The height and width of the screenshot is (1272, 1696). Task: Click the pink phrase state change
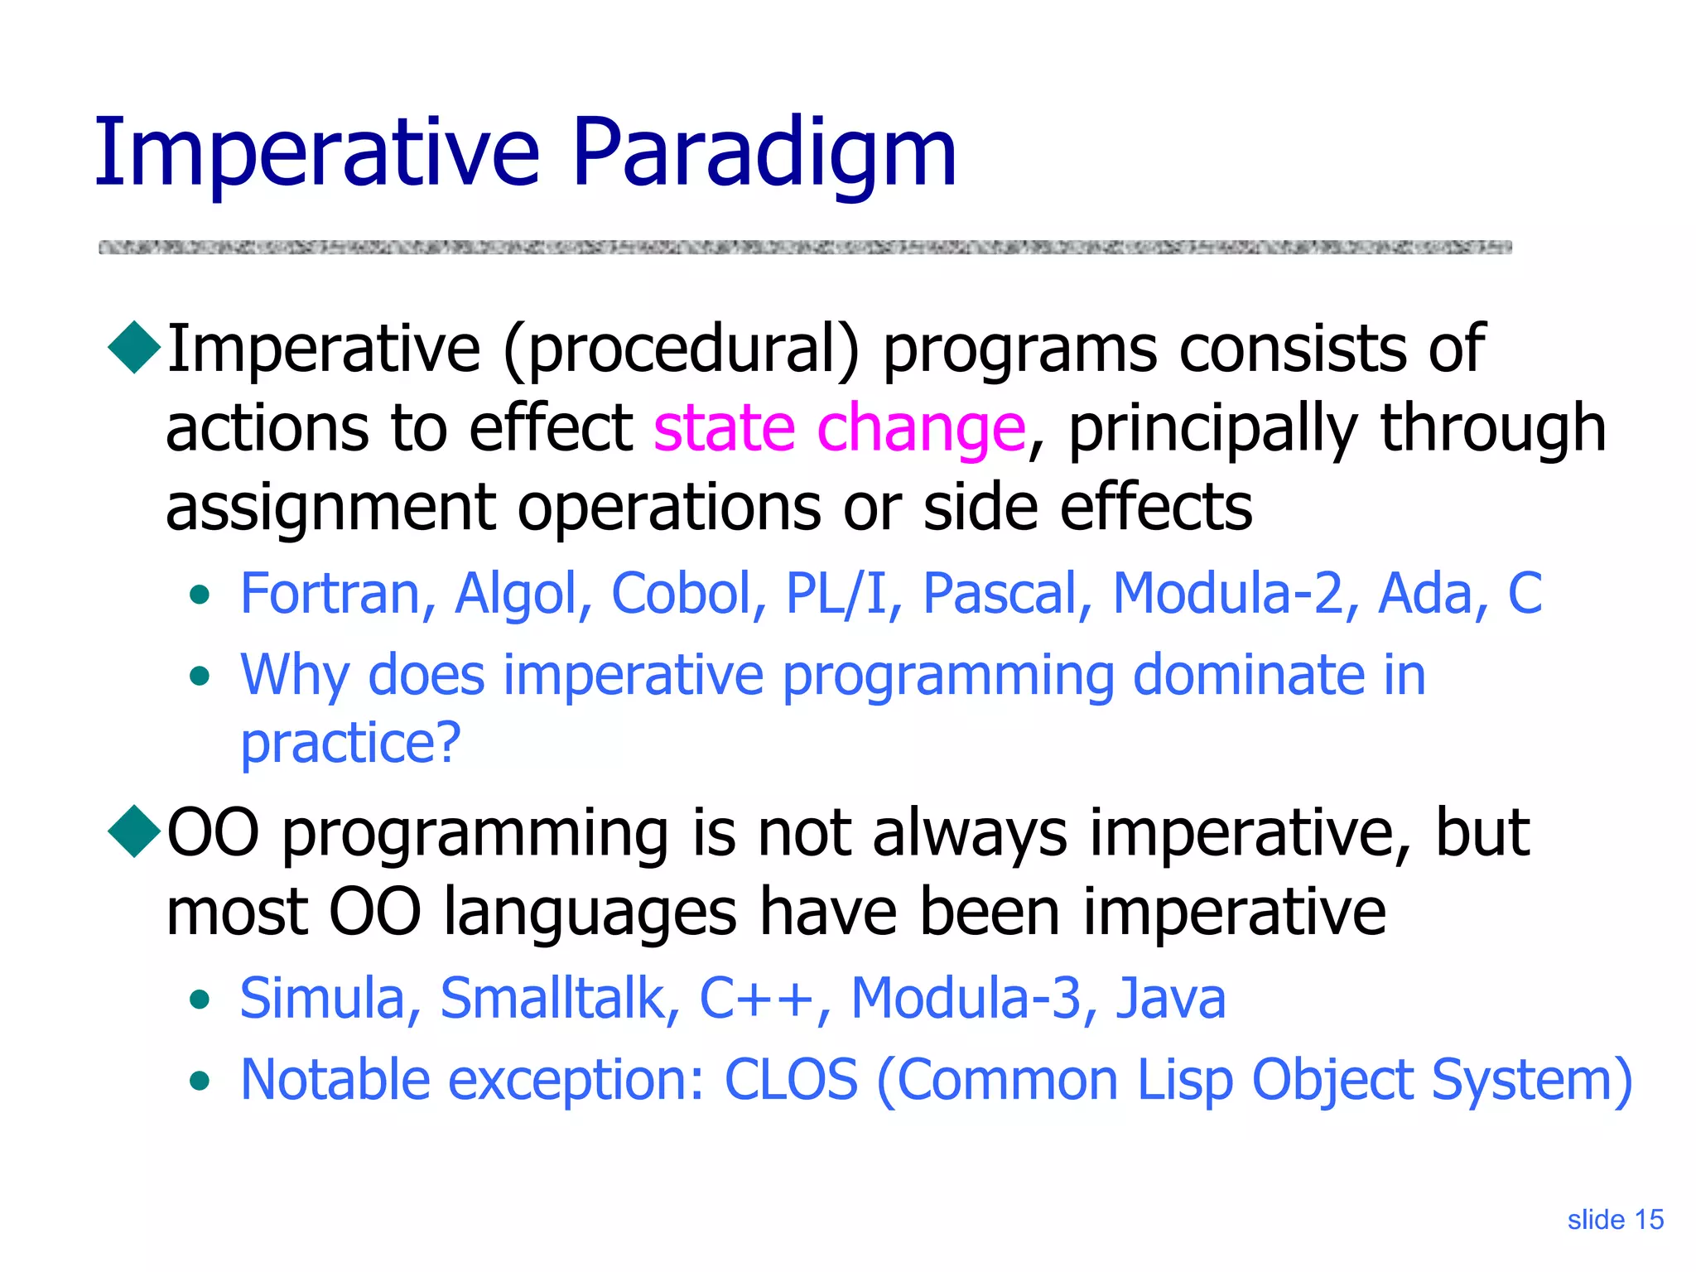[x=839, y=428]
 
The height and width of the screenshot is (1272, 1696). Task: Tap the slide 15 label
[x=1615, y=1220]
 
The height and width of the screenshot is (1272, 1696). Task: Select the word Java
[x=1171, y=999]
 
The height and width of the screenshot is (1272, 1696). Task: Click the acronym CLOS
[x=791, y=1080]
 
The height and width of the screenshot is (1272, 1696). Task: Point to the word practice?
[x=349, y=744]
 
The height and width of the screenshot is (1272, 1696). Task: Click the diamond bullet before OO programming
[x=134, y=831]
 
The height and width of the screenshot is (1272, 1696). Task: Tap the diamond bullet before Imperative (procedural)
[x=134, y=348]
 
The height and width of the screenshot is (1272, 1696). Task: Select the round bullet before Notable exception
[x=199, y=1082]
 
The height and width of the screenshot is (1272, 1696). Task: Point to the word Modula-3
[x=966, y=999]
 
